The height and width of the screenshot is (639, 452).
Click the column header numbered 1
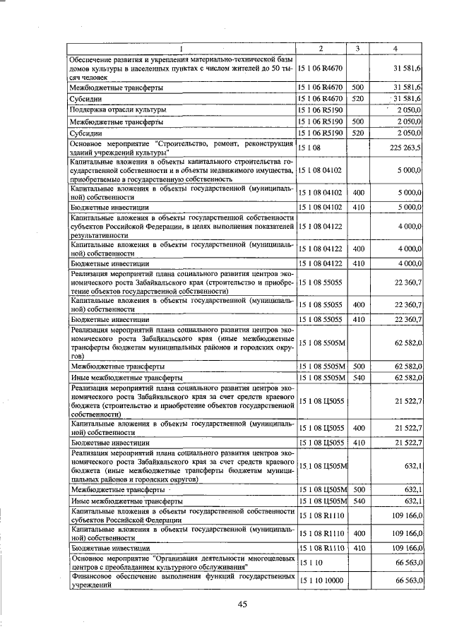(x=181, y=48)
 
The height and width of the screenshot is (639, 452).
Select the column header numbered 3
(x=358, y=48)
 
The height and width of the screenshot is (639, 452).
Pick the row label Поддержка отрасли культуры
(x=118, y=110)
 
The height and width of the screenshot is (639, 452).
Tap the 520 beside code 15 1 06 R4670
(x=358, y=99)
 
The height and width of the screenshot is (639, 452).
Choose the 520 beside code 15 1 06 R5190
(x=358, y=132)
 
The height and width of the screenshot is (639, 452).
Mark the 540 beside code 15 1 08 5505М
(x=358, y=378)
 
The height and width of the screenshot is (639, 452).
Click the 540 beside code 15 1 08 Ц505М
(x=358, y=501)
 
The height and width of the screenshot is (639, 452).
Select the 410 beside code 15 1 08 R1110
(x=358, y=547)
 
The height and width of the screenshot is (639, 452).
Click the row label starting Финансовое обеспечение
(x=182, y=580)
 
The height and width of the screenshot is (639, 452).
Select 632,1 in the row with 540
(x=411, y=501)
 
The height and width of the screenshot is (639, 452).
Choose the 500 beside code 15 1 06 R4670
(x=358, y=88)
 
